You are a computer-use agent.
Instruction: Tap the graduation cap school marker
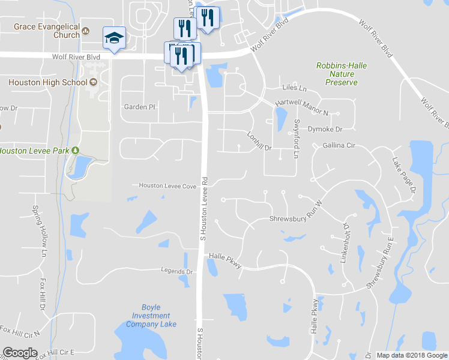click(x=113, y=38)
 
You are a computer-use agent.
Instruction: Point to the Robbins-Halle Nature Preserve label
click(x=342, y=74)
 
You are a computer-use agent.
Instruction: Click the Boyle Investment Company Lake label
click(x=151, y=316)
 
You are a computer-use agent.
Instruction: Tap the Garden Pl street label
click(x=139, y=107)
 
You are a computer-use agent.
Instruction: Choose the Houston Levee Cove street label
click(x=167, y=186)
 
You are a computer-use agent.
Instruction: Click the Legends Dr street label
click(x=176, y=271)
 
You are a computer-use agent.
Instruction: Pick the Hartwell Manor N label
click(x=302, y=107)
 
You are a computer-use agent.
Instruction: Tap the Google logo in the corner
click(x=20, y=353)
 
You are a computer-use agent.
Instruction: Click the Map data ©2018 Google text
click(x=411, y=355)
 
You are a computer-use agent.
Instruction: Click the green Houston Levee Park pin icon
click(x=76, y=151)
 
